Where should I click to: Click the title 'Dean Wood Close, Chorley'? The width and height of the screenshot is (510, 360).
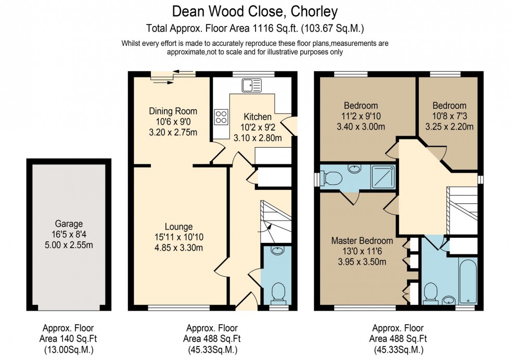tap(254, 11)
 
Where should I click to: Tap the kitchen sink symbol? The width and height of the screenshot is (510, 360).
tap(252, 84)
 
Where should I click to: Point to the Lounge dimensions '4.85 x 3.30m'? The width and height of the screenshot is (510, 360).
tap(178, 248)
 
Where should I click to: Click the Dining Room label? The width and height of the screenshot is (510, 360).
tap(173, 111)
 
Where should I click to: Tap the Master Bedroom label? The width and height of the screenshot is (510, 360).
tap(362, 241)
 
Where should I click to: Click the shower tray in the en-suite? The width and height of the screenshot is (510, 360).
tap(382, 177)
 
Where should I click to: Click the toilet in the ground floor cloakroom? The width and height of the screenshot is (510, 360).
tap(279, 292)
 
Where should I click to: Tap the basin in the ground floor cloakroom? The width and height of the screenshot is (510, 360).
tap(279, 250)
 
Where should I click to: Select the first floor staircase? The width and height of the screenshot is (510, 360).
tap(462, 211)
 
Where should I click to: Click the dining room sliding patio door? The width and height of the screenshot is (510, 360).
tap(172, 76)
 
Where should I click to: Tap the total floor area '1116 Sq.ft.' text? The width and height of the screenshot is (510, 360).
tap(254, 28)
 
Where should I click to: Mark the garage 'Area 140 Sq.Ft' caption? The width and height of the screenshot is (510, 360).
tap(68, 338)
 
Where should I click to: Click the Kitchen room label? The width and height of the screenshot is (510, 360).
tap(258, 117)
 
